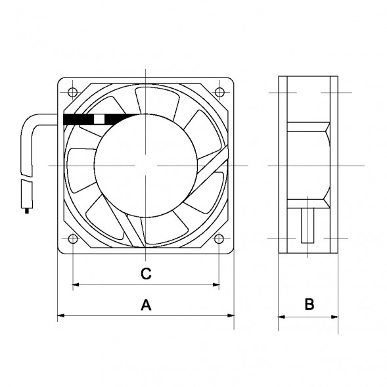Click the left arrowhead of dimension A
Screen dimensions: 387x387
tap(61, 317)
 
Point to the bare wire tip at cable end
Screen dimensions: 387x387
tap(27, 210)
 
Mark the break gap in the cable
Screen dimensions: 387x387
tap(26, 175)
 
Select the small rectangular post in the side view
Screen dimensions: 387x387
tap(307, 227)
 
